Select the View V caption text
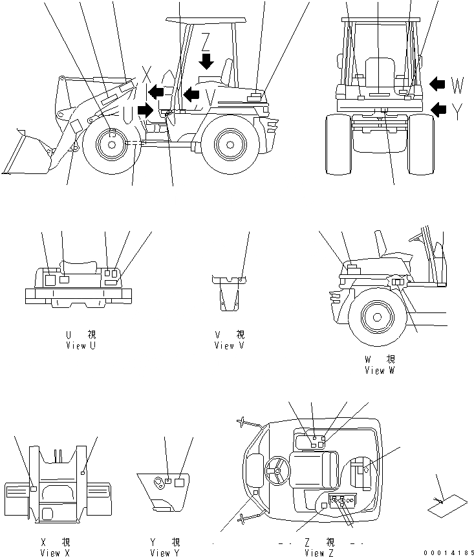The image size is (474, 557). click(230, 346)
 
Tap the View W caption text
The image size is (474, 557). click(380, 371)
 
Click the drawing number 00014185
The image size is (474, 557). click(449, 552)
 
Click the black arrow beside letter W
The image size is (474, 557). click(438, 84)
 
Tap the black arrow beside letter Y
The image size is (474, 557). click(438, 109)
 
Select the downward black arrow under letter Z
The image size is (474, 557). click(206, 60)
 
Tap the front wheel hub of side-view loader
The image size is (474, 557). click(111, 144)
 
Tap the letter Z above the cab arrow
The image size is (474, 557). click(206, 40)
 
